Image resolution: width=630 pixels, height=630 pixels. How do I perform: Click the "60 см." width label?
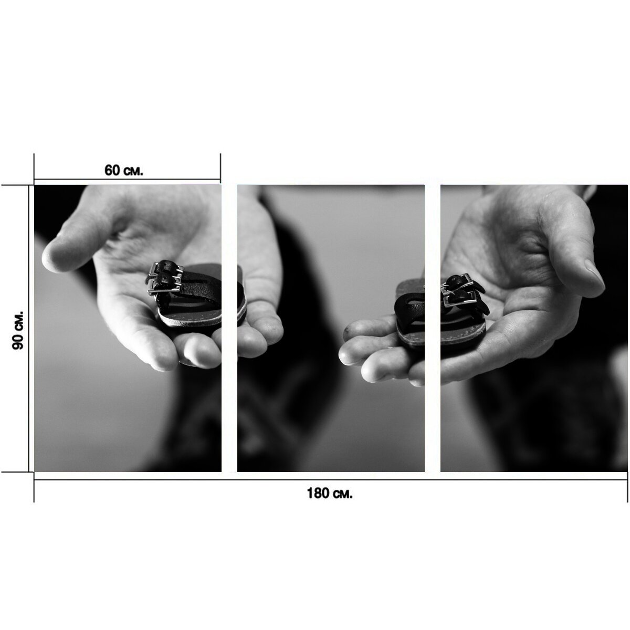(123, 170)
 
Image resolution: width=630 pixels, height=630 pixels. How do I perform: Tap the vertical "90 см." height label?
(18, 330)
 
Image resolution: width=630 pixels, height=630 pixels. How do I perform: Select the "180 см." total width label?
(330, 493)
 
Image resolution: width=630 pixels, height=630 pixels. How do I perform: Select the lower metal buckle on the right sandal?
(461, 299)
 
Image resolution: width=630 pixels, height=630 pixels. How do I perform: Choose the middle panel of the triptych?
(331, 328)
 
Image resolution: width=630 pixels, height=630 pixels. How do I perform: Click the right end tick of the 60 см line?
(220, 169)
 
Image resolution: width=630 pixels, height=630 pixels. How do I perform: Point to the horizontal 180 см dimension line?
(331, 480)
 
